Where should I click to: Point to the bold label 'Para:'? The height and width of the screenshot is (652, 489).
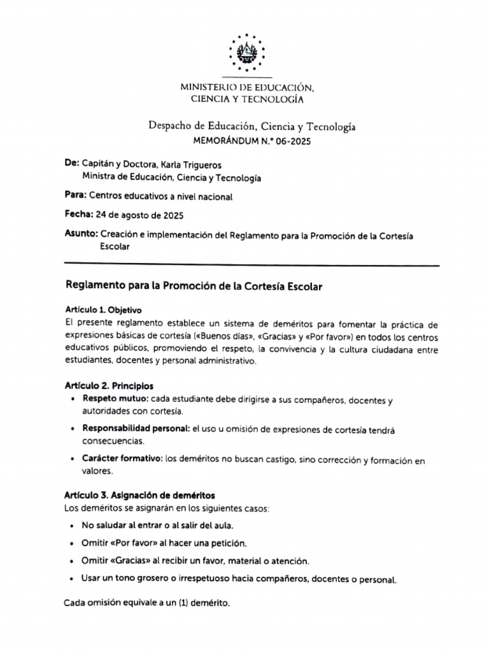[75, 196]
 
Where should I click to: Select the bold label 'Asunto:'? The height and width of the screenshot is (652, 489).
[81, 234]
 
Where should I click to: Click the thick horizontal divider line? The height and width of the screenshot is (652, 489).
[252, 264]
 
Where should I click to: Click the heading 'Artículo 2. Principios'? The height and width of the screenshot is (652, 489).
[109, 386]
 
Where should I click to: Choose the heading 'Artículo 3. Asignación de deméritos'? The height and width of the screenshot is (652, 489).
[139, 495]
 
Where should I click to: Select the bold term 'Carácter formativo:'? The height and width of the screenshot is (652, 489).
[122, 460]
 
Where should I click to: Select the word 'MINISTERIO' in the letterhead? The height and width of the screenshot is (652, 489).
[204, 87]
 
